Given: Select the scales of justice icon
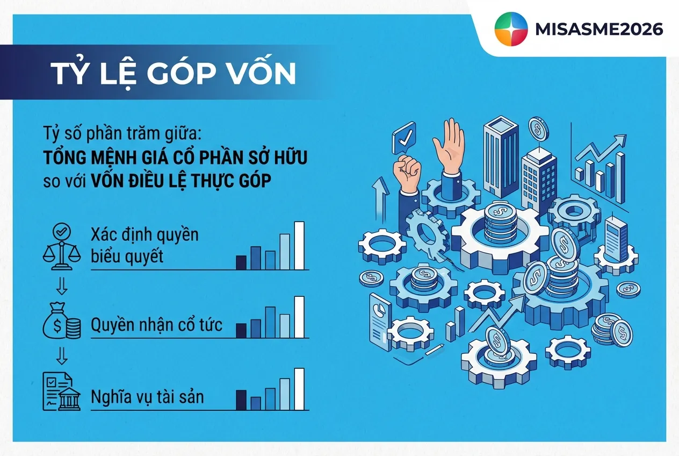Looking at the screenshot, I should (x=61, y=246).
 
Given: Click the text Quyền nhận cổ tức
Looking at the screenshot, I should (x=156, y=325).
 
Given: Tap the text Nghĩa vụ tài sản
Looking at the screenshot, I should (x=147, y=397).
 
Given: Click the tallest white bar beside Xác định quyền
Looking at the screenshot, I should (x=299, y=245).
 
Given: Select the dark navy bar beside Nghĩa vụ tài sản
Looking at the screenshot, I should (x=241, y=400).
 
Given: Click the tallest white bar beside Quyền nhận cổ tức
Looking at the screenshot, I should (x=299, y=317).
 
